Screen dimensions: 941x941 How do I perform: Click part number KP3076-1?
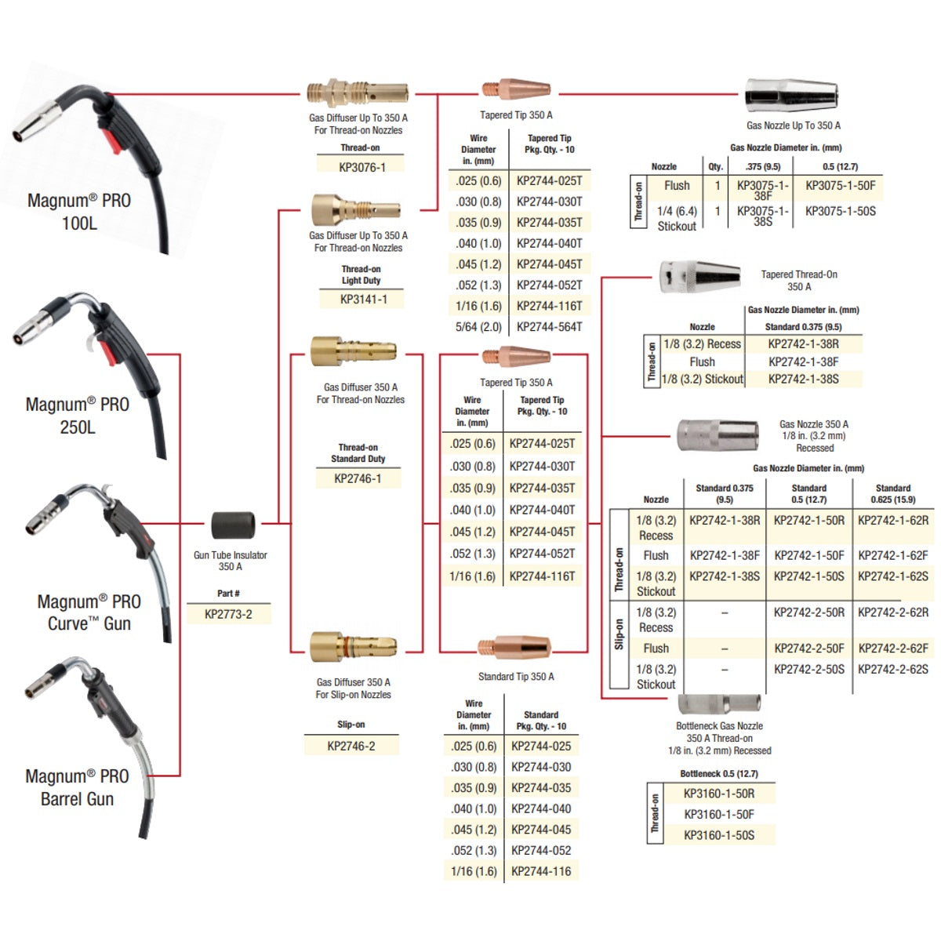(362, 167)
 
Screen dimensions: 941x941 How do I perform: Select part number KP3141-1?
(363, 299)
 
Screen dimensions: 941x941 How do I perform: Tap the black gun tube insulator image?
(233, 526)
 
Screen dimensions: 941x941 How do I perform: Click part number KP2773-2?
(228, 614)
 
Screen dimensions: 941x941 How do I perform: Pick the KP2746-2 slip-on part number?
(351, 746)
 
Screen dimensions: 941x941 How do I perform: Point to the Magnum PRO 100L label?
(79, 212)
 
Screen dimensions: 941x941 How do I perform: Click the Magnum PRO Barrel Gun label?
(77, 787)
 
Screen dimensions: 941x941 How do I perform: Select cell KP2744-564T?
(549, 326)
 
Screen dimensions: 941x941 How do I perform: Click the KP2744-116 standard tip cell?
(541, 871)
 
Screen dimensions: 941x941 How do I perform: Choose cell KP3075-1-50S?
(840, 211)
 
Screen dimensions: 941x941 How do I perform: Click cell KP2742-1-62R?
(892, 520)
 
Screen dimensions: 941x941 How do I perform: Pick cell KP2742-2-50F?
(808, 649)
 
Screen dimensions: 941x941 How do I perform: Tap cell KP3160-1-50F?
(718, 814)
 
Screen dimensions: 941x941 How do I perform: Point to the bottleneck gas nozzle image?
(718, 703)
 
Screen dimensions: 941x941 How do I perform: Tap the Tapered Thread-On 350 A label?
(798, 281)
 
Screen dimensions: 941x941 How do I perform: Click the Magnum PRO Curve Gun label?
(89, 612)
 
